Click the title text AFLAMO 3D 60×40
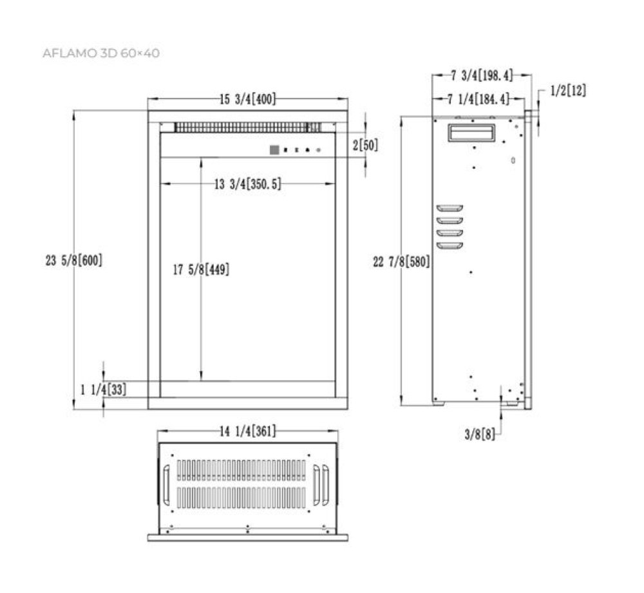pyautogui.click(x=100, y=53)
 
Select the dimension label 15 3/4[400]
pyautogui.click(x=248, y=99)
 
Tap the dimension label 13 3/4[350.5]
pyautogui.click(x=248, y=185)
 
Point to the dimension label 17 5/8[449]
pyautogui.click(x=201, y=270)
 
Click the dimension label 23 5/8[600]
pyautogui.click(x=74, y=261)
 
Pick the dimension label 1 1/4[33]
pyautogui.click(x=103, y=389)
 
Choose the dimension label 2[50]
pyautogui.click(x=365, y=146)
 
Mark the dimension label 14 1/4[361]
pyautogui.click(x=248, y=432)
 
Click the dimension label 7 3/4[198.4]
pyautogui.click(x=481, y=76)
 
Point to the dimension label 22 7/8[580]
pyautogui.click(x=401, y=261)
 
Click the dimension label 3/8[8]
pyautogui.click(x=480, y=435)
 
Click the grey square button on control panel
pyautogui.click(x=274, y=150)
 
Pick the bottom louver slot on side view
pyautogui.click(x=450, y=245)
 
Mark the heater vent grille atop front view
pyautogui.click(x=248, y=127)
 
